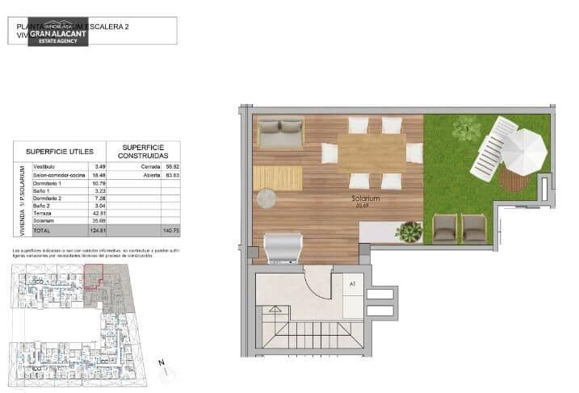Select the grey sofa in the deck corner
[x=279, y=132]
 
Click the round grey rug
[x=266, y=197]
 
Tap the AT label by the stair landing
[x=353, y=284]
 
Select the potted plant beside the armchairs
[x=409, y=232]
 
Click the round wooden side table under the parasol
[x=510, y=176]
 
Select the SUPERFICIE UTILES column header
[x=60, y=151]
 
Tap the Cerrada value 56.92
[x=171, y=166]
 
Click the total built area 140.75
[x=171, y=230]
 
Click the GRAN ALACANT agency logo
[x=59, y=32]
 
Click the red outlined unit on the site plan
[x=93, y=277]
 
